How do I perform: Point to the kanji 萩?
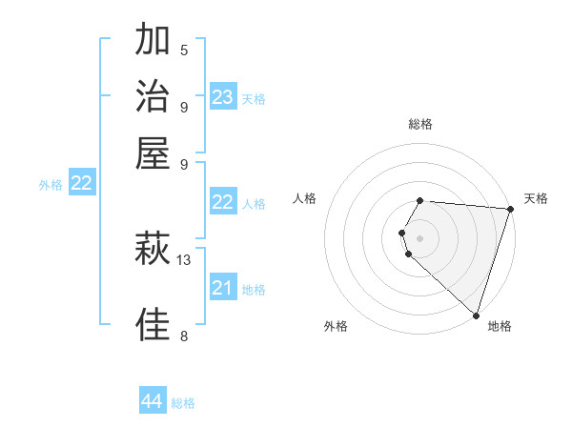tap(153, 250)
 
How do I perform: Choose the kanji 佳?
tap(153, 324)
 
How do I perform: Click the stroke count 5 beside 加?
tap(184, 50)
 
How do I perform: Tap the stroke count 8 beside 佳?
tap(183, 335)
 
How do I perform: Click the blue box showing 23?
tap(223, 97)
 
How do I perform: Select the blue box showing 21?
tap(223, 288)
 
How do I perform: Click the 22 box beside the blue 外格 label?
tap(82, 184)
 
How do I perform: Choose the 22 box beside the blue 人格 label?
tap(223, 202)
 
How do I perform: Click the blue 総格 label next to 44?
tap(184, 403)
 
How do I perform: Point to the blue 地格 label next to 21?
tap(254, 290)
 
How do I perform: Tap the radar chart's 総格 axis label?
tap(420, 124)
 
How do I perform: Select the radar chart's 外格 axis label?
tap(336, 326)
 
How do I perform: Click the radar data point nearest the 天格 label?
tap(510, 210)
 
